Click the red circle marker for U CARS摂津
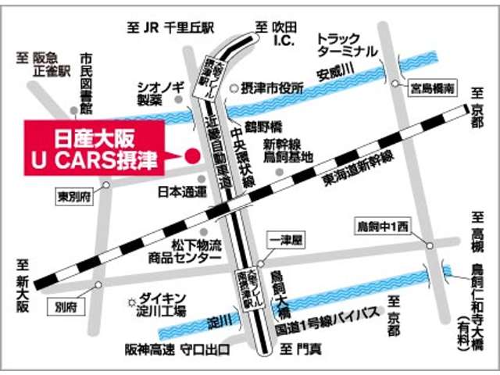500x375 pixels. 190,155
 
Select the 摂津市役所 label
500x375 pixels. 272,88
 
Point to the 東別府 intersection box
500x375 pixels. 74,195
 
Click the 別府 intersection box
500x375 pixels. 68,307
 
